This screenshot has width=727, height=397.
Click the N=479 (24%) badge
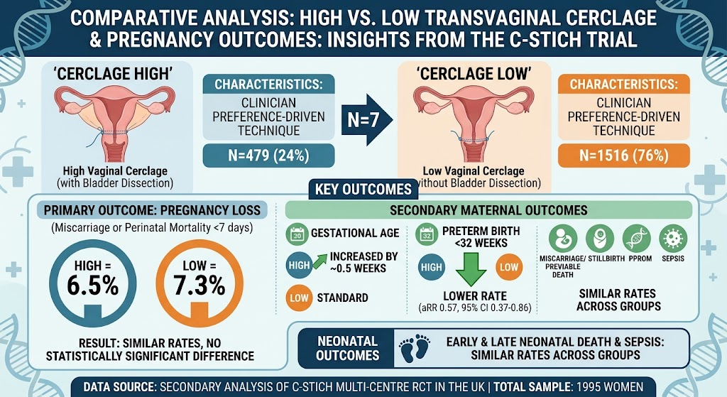pyautogui.click(x=268, y=156)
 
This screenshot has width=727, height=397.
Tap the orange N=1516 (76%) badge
pyautogui.click(x=623, y=156)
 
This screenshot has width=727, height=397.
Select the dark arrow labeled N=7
pyautogui.click(x=367, y=119)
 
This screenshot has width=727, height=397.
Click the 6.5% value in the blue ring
pyautogui.click(x=93, y=285)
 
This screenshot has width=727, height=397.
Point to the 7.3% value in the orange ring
pyautogui.click(x=199, y=285)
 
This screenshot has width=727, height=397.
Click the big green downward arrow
pyautogui.click(x=471, y=269)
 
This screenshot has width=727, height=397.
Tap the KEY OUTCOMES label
pyautogui.click(x=363, y=189)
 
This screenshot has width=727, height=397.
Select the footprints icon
pyautogui.click(x=415, y=348)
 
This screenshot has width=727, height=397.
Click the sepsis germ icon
pyautogui.click(x=673, y=239)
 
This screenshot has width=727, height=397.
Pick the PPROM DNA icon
pyautogui.click(x=637, y=239)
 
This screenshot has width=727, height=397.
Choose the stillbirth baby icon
pyautogui.click(x=600, y=239)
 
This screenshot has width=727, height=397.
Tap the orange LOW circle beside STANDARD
pyautogui.click(x=299, y=298)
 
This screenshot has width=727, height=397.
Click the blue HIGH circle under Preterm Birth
pyautogui.click(x=432, y=267)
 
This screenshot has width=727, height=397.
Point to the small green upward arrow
pyautogui.click(x=319, y=261)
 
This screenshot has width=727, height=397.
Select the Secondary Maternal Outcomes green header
pyautogui.click(x=488, y=210)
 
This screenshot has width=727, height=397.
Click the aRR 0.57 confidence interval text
pyautogui.click(x=475, y=308)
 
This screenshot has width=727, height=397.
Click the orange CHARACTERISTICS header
pyautogui.click(x=623, y=85)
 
